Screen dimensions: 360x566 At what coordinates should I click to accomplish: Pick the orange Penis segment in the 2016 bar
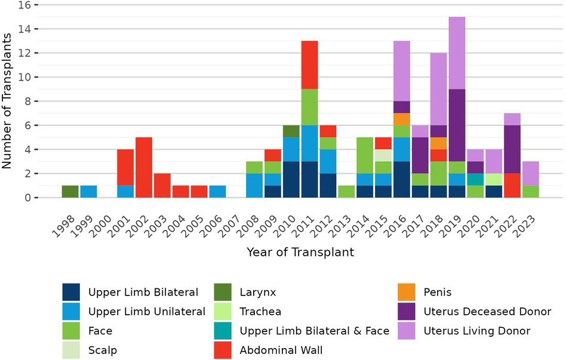pos(402,119)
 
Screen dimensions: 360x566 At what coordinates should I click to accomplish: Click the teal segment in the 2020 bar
pos(476,179)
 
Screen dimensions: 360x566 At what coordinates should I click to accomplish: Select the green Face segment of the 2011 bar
pos(310,107)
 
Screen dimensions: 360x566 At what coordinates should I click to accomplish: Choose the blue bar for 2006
pos(217,191)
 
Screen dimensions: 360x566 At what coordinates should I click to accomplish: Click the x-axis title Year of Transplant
pos(300,252)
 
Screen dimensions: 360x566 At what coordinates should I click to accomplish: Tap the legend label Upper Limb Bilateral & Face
pos(315,331)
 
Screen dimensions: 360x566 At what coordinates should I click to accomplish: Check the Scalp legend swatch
pos(72,350)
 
